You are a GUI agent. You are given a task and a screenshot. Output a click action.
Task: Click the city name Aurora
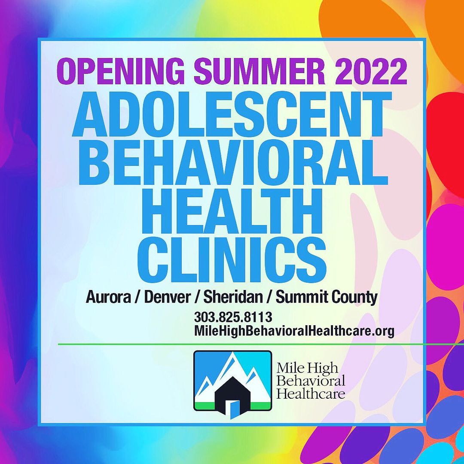click(x=108, y=297)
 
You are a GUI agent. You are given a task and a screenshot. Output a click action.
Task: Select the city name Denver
click(x=167, y=297)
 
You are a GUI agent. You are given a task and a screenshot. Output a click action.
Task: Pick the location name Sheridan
click(x=233, y=297)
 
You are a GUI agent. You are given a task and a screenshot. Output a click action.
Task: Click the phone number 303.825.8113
click(x=233, y=317)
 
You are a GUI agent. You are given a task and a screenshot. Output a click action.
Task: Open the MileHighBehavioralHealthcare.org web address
click(x=294, y=331)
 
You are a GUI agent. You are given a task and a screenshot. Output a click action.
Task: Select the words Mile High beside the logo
click(x=307, y=368)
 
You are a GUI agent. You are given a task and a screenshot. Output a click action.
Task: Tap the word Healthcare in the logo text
click(x=311, y=394)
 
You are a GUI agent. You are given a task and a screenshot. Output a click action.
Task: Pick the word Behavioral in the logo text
click(x=311, y=381)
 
